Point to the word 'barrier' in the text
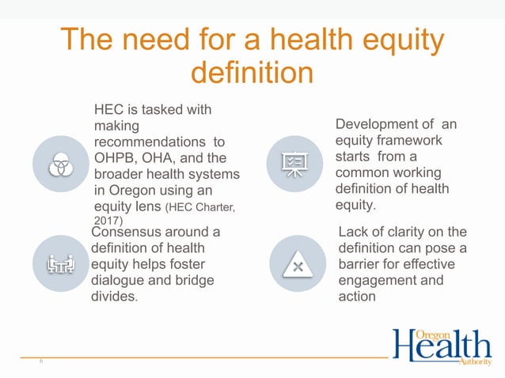click(359, 265)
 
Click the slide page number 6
click(40, 360)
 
